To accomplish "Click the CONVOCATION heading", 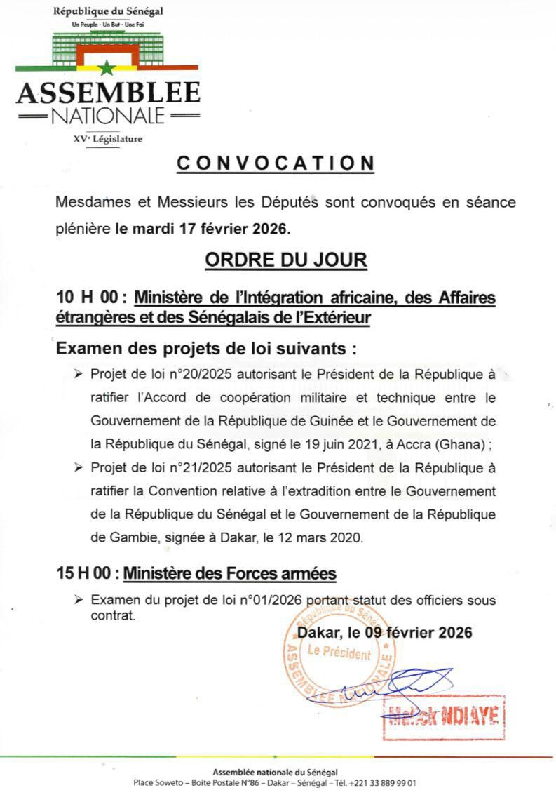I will click(276, 163).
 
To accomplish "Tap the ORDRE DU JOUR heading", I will click(285, 260).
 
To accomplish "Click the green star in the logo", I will click(107, 68).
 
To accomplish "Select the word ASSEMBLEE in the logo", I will click(108, 93).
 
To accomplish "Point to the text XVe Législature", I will click(107, 139).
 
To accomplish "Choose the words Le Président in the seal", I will click(339, 653).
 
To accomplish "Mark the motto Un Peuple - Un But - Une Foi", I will click(107, 25).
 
